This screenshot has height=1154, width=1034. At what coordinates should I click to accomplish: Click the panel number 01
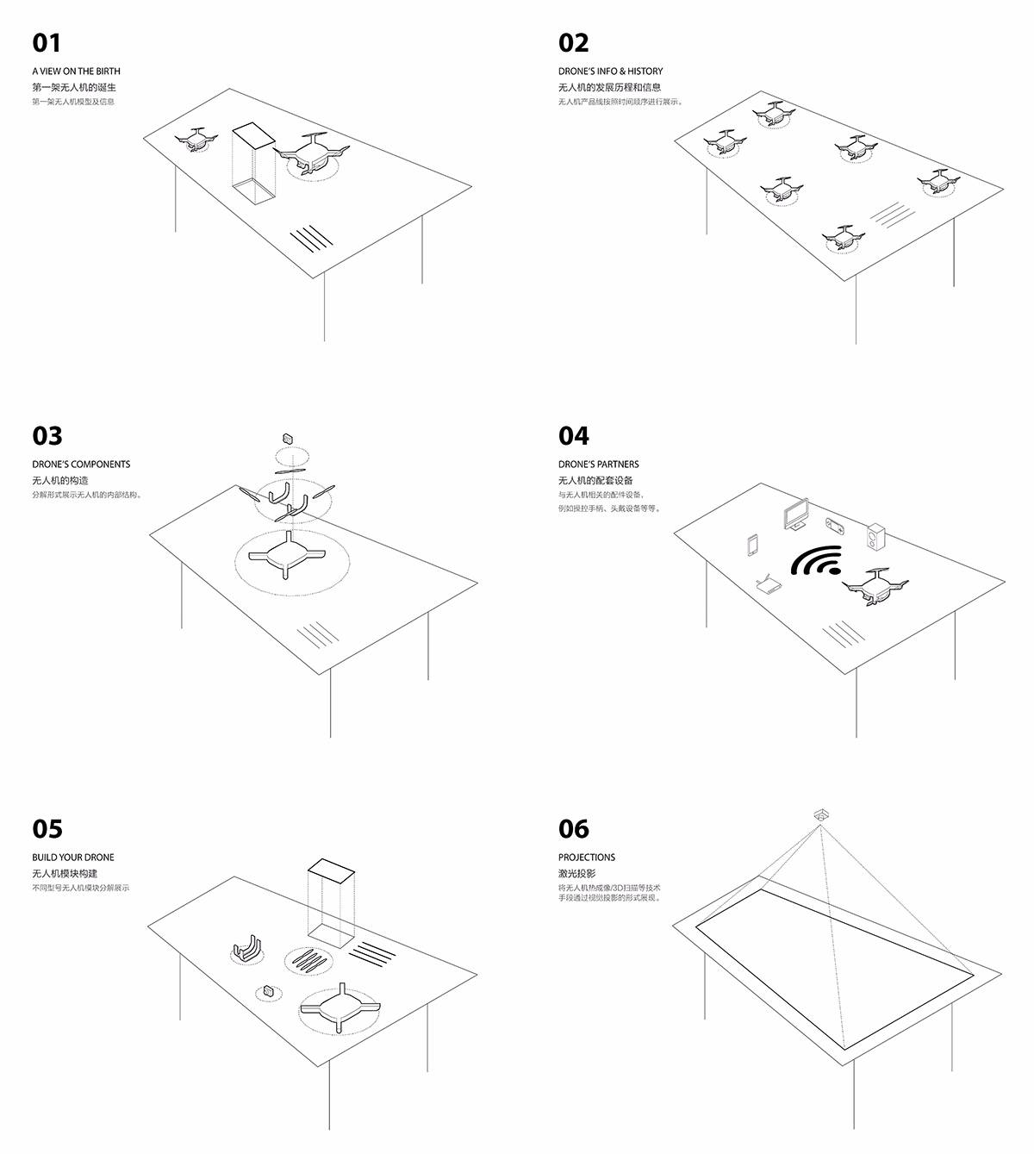click(47, 43)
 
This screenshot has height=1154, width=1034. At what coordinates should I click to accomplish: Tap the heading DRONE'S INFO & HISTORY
click(610, 71)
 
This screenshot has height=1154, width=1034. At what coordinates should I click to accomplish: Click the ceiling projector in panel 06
click(820, 814)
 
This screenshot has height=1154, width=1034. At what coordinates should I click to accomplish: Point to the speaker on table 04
click(875, 536)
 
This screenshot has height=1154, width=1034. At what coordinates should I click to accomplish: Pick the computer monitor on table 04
click(795, 515)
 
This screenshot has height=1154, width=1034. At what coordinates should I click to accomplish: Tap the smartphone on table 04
click(752, 546)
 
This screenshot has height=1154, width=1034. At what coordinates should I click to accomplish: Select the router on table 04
click(768, 585)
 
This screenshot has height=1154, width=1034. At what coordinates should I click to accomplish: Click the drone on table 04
click(875, 585)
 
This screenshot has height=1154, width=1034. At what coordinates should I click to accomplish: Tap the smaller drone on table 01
click(197, 140)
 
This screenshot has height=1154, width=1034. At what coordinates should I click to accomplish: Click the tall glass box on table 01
click(254, 163)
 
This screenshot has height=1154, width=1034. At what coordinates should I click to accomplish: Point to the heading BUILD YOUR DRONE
click(73, 857)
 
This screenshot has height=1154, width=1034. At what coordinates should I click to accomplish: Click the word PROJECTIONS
click(587, 857)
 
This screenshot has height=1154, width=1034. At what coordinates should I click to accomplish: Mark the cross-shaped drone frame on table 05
click(339, 1008)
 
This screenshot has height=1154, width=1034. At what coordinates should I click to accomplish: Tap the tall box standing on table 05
click(332, 901)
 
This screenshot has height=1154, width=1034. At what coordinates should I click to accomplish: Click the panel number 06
click(573, 829)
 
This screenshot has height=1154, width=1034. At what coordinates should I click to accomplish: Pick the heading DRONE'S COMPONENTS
click(81, 464)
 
